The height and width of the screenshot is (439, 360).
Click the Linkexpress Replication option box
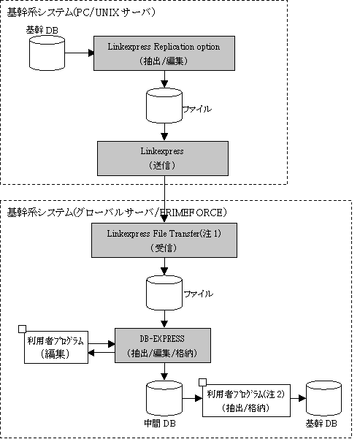(164, 53)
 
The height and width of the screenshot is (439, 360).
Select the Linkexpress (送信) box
(163, 159)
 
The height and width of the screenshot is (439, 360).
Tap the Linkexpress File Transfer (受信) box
(164, 240)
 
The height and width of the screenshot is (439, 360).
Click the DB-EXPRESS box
(163, 346)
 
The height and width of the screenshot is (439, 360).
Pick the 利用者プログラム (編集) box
(56, 347)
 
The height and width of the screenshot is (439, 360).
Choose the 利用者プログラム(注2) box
(246, 400)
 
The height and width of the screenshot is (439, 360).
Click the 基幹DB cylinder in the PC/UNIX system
(47, 53)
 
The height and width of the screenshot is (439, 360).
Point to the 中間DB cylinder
(164, 398)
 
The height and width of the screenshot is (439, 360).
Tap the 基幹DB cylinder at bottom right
(323, 398)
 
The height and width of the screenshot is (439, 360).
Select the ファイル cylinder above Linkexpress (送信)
(164, 106)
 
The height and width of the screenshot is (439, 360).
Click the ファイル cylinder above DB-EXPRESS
(164, 293)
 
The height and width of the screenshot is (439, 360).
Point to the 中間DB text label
(160, 424)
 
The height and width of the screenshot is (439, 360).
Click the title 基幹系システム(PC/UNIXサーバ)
(81, 12)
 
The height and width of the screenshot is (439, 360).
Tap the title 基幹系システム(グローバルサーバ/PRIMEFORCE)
(117, 213)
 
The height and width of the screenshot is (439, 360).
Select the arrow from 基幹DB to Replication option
(79, 53)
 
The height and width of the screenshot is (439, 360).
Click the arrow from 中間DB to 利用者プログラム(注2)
(192, 398)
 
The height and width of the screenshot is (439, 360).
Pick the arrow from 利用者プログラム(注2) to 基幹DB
(298, 398)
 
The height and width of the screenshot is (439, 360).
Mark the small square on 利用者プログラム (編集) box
(22, 329)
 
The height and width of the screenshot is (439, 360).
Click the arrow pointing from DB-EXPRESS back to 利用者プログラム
(102, 353)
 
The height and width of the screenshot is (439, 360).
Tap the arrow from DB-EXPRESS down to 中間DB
(164, 372)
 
